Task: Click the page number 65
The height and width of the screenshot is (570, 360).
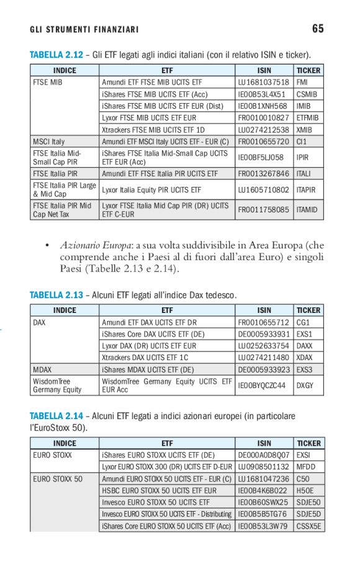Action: (x=318, y=29)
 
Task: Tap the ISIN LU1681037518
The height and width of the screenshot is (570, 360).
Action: (x=263, y=82)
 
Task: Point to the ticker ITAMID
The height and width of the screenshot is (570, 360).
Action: (x=307, y=210)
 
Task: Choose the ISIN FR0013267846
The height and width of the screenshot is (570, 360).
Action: (x=263, y=174)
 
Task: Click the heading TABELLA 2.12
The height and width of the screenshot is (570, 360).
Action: (x=56, y=55)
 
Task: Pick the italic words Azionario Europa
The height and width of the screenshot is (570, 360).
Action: (x=97, y=246)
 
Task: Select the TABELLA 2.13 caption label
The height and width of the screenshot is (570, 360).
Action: (x=56, y=294)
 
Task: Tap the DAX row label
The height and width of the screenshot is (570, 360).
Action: (x=39, y=322)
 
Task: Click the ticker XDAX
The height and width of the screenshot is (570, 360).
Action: (x=305, y=358)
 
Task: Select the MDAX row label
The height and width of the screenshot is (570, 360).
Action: (x=42, y=369)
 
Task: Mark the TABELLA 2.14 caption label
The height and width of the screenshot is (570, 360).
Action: (x=56, y=415)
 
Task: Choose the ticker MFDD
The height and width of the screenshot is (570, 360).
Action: (x=305, y=467)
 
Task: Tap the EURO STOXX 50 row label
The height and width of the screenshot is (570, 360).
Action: (x=57, y=479)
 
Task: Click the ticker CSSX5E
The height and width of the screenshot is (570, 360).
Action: (x=308, y=527)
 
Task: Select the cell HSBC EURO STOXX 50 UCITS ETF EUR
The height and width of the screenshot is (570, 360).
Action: (x=160, y=491)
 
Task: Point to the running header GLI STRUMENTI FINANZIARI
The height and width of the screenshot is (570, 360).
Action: (x=84, y=30)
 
